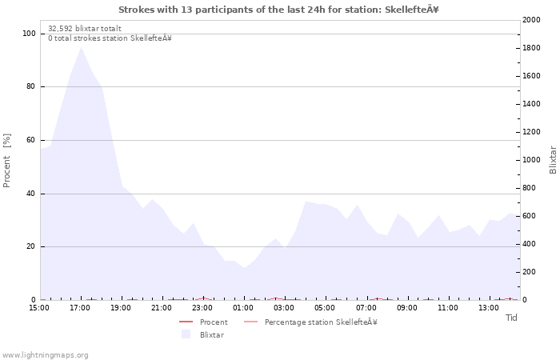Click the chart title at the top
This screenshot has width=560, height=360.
pyautogui.click(x=278, y=10)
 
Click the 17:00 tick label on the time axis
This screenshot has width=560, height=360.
pyautogui.click(x=80, y=308)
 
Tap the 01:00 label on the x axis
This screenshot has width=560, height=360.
pyautogui.click(x=243, y=308)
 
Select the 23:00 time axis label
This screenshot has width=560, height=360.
pyautogui.click(x=202, y=308)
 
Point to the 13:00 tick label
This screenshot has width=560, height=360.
pyautogui.click(x=488, y=308)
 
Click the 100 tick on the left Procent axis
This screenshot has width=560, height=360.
pyautogui.click(x=29, y=34)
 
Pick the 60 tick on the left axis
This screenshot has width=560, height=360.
pyautogui.click(x=31, y=140)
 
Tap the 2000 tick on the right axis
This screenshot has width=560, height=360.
pyautogui.click(x=531, y=20)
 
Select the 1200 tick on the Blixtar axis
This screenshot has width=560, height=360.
pyautogui.click(x=531, y=132)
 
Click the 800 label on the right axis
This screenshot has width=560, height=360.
pyautogui.click(x=530, y=188)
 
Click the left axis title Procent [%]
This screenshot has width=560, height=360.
pyautogui.click(x=6, y=160)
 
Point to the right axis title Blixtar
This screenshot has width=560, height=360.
pyautogui.click(x=553, y=160)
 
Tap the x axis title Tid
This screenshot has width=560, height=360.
pyautogui.click(x=511, y=318)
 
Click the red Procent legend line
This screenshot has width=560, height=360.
pyautogui.click(x=186, y=322)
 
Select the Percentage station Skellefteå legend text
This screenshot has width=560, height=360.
pyautogui.click(x=321, y=322)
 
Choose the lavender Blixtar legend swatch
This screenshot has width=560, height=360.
pyautogui.click(x=186, y=334)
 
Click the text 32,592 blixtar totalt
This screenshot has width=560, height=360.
pyautogui.click(x=85, y=29)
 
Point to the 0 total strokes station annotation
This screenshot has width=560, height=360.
pyautogui.click(x=110, y=38)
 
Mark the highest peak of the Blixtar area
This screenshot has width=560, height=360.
pyautogui.click(x=81, y=47)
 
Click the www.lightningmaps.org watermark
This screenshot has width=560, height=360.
pyautogui.click(x=45, y=355)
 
